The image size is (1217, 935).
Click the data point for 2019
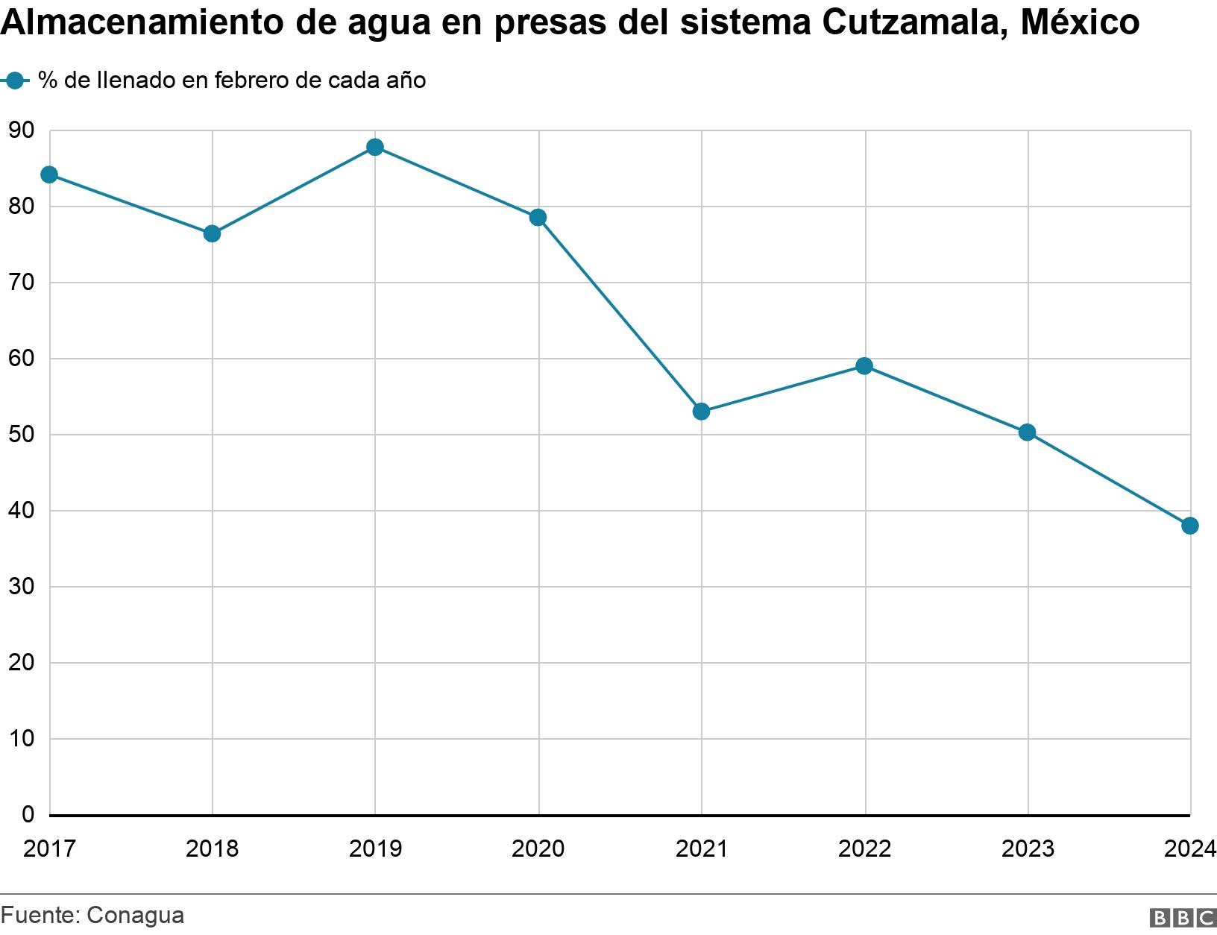click(x=375, y=147)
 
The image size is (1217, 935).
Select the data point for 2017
click(x=49, y=174)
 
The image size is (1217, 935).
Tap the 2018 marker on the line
click(x=212, y=233)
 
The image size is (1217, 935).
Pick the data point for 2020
click(x=538, y=218)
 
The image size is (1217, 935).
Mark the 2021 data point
click(x=701, y=412)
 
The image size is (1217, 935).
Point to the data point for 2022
click(x=864, y=366)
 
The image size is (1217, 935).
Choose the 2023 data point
click(x=1027, y=432)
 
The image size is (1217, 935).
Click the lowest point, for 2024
click(x=1190, y=526)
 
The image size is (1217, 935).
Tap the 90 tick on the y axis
click(x=22, y=131)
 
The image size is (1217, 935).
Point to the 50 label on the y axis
click(x=22, y=435)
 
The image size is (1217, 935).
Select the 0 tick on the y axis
click(x=28, y=814)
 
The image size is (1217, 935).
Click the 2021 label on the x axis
click(x=701, y=849)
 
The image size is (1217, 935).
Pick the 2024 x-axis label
click(x=1190, y=849)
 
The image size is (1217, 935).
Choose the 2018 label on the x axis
click(x=212, y=849)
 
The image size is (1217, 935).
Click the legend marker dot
click(x=15, y=81)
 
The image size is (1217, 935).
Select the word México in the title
click(x=1079, y=22)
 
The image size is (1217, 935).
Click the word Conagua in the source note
click(x=135, y=915)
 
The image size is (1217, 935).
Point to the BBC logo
click(x=1182, y=918)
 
